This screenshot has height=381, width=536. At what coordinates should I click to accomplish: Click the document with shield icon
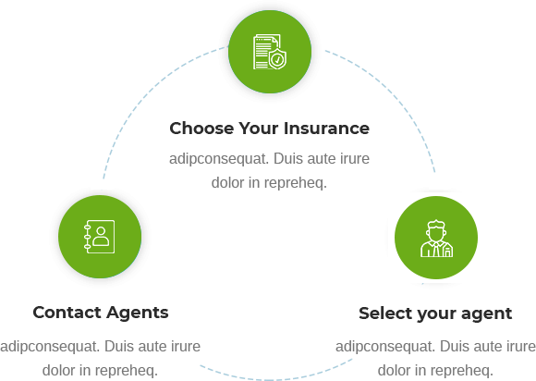(270, 52)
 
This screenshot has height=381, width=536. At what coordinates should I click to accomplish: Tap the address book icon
(100, 237)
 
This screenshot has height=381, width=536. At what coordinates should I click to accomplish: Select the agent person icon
(436, 238)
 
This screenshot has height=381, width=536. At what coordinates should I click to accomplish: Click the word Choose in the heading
(201, 129)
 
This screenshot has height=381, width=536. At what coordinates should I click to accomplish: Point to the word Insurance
(326, 129)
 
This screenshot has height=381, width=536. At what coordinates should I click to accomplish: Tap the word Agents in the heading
(138, 313)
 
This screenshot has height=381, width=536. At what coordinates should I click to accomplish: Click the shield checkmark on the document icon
(277, 59)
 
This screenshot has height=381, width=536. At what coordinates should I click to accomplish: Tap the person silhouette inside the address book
(101, 237)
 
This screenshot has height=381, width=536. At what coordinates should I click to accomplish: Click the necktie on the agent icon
(436, 250)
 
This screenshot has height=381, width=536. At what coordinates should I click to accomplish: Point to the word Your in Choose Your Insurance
(259, 129)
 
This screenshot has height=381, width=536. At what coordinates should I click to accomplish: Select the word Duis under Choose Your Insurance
(288, 159)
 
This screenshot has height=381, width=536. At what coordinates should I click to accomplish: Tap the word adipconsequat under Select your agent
(385, 347)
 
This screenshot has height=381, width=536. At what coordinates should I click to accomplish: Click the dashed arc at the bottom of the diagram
(270, 379)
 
